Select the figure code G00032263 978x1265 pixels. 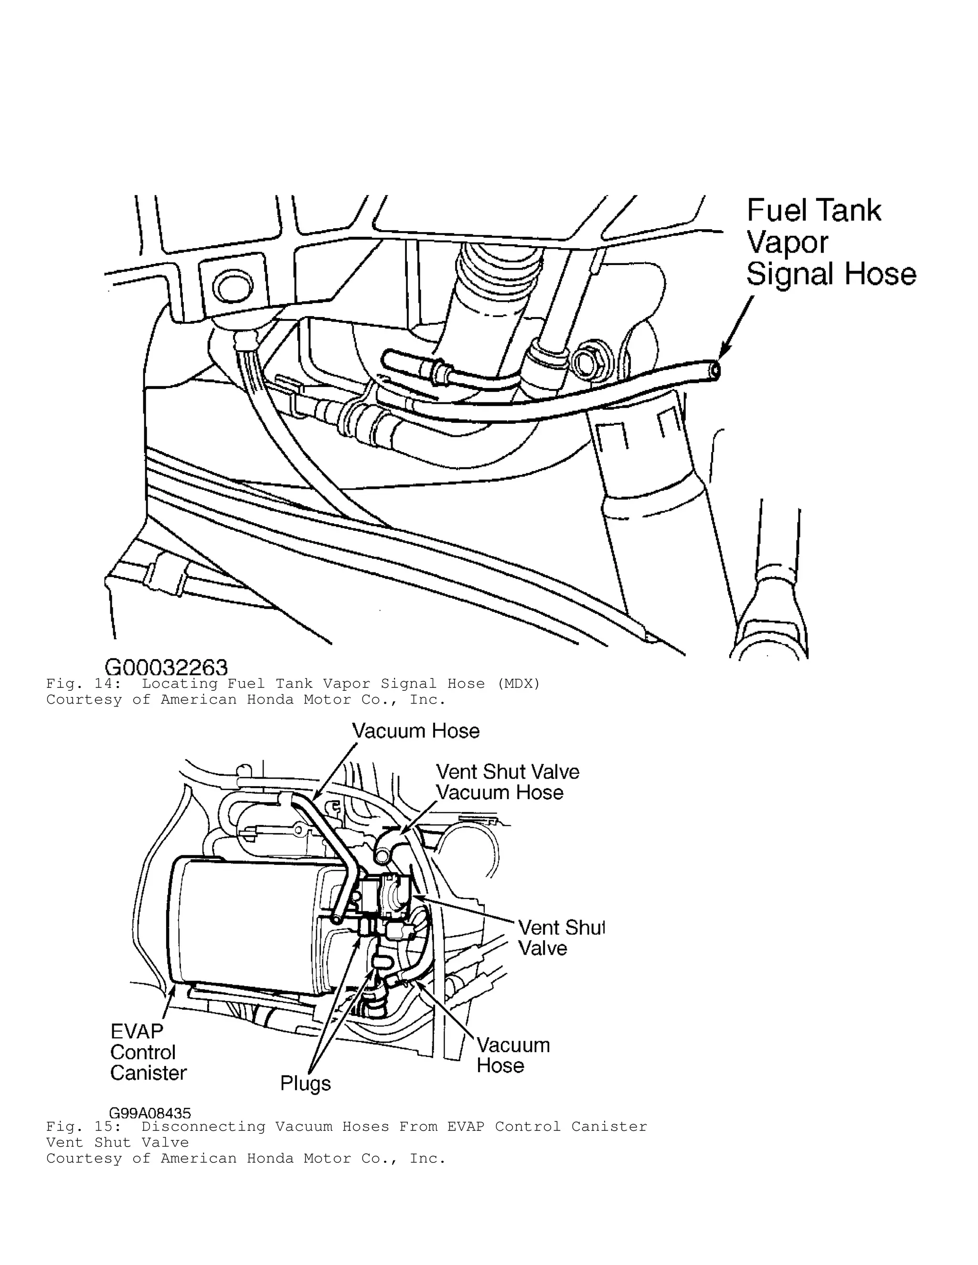point(166,668)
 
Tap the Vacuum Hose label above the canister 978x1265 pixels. point(416,731)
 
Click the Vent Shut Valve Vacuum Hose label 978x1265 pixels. point(507,782)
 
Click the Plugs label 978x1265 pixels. point(305,1083)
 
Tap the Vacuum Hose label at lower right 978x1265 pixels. point(513,1055)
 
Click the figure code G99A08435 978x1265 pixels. point(150,1113)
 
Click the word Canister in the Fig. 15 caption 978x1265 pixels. point(609,1127)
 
